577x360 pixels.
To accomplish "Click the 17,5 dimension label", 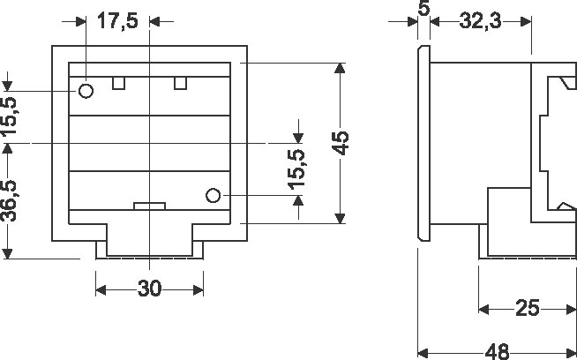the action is (x=117, y=21).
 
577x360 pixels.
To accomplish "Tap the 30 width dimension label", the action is (x=149, y=289).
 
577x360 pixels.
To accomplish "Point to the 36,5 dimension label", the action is (x=9, y=200).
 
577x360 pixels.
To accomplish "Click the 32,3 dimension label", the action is (x=480, y=21).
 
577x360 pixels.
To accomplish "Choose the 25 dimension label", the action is (x=528, y=309).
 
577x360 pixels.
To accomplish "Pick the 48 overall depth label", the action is (x=497, y=352).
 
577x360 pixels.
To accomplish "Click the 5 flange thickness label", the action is (x=423, y=9).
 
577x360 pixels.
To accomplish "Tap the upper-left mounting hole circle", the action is (x=86, y=91).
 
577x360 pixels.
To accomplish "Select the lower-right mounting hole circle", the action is (x=213, y=195).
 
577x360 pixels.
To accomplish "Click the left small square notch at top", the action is (x=118, y=83).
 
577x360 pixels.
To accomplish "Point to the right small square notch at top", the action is (x=180, y=83).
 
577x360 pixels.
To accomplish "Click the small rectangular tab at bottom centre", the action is (x=149, y=206).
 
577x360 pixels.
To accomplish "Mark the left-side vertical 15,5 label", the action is (x=9, y=116).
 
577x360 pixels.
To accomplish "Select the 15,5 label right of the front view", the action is (x=296, y=169).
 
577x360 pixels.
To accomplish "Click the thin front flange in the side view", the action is (x=423, y=143).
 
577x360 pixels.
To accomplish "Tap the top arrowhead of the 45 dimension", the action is (x=340, y=69).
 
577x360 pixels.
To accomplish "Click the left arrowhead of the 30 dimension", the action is (x=101, y=290).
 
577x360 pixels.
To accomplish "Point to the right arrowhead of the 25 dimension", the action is (x=571, y=310).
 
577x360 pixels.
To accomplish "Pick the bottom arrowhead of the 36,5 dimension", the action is (x=7, y=253).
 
